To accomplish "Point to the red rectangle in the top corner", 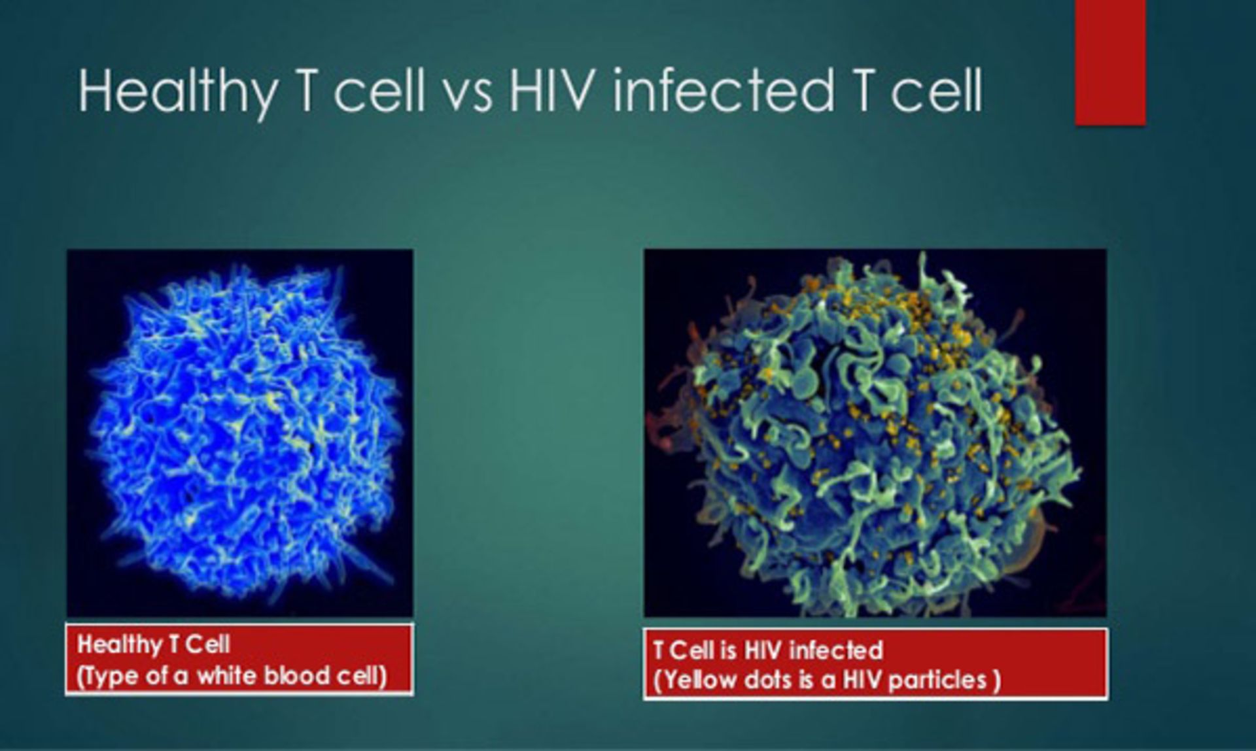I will point(1110,62).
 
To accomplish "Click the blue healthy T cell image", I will point(240,433).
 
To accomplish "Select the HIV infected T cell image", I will point(875,433).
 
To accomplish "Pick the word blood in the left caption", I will point(294,676).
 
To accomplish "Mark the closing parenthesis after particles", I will point(997,680).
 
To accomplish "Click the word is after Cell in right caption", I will point(728,650).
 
